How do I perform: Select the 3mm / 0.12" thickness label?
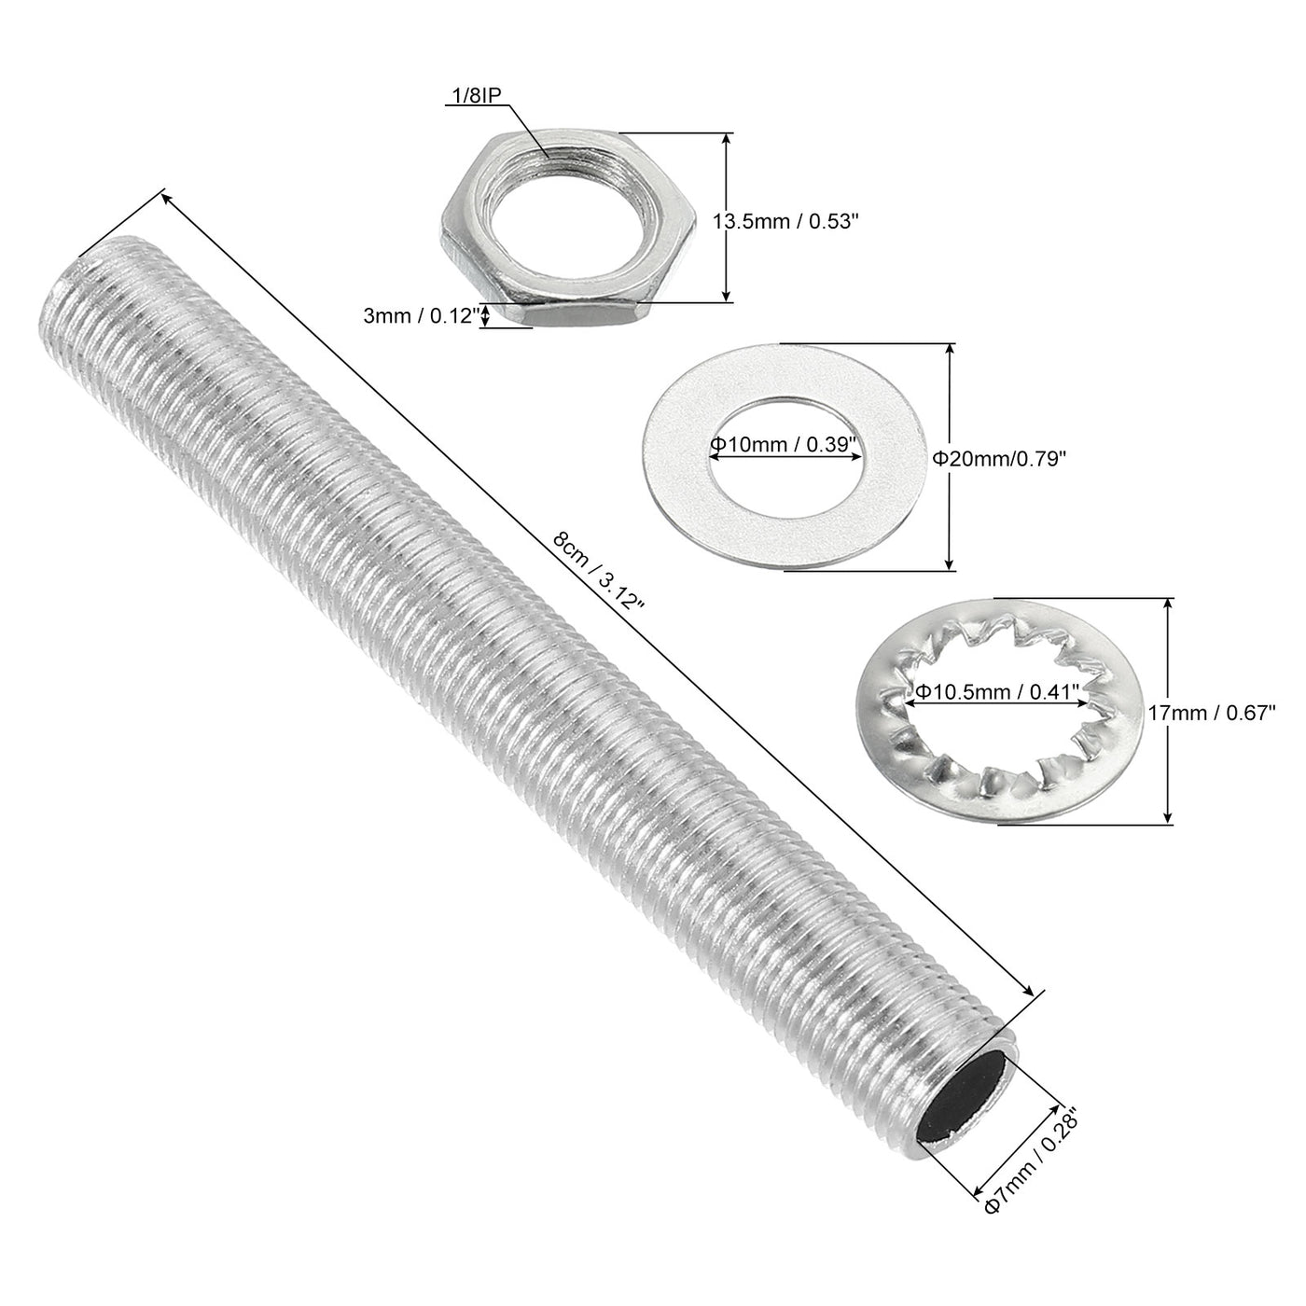click(x=421, y=316)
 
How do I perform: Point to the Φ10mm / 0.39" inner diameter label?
click(x=783, y=445)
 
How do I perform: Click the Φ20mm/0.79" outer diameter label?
click(x=999, y=458)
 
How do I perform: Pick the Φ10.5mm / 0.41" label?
click(x=995, y=691)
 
